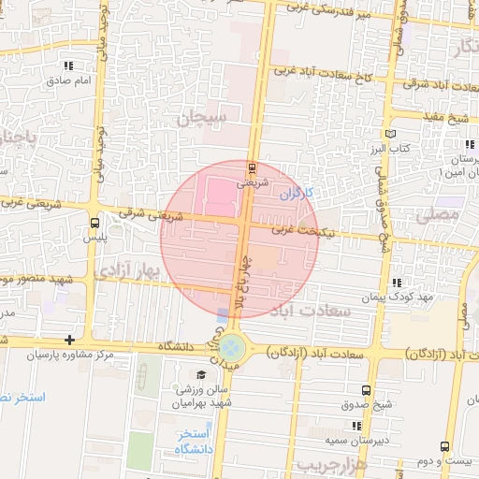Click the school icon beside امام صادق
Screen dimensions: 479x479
click(x=68, y=66)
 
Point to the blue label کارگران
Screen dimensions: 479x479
click(x=298, y=194)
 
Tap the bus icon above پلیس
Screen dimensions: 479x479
click(x=94, y=223)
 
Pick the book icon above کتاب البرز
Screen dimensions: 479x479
click(x=402, y=134)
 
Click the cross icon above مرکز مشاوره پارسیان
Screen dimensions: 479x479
click(x=68, y=340)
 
